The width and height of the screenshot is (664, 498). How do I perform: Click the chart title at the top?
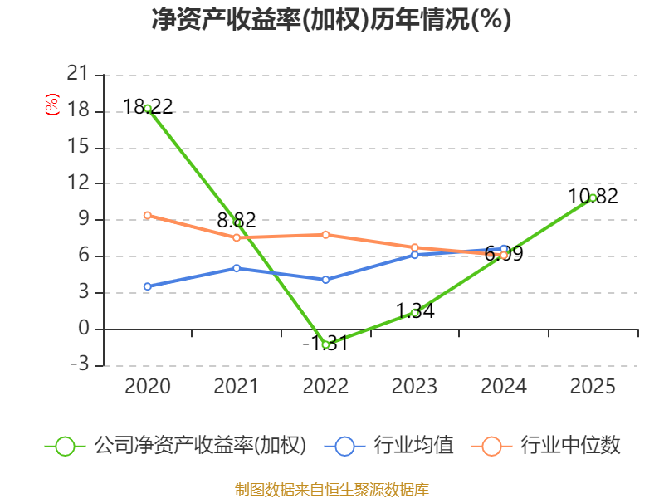(x=331, y=19)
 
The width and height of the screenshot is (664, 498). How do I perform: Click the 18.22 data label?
(x=148, y=106)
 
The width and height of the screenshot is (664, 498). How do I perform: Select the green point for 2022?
(x=325, y=344)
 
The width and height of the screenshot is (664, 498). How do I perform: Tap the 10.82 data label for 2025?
(x=593, y=196)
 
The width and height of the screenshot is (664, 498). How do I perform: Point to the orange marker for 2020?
(x=148, y=216)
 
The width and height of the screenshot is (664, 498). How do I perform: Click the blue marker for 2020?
(x=148, y=286)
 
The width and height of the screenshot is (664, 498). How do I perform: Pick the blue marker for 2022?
(x=325, y=280)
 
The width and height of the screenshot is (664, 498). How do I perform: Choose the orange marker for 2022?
(x=325, y=235)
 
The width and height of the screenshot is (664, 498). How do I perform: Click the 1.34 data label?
(x=416, y=311)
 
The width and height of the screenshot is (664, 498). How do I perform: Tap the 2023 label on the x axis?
(x=414, y=386)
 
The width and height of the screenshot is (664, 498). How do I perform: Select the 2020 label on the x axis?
(x=148, y=386)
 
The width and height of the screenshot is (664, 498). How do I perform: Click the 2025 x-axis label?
(x=593, y=386)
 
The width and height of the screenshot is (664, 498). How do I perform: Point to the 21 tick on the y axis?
(x=78, y=74)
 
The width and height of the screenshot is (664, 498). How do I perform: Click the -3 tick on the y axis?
(x=80, y=364)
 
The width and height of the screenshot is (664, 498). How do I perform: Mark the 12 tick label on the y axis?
(x=78, y=183)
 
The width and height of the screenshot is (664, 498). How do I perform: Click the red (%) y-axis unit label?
(x=51, y=105)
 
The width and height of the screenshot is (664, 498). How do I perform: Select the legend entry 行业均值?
(x=388, y=446)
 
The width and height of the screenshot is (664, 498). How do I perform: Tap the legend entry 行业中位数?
(x=545, y=446)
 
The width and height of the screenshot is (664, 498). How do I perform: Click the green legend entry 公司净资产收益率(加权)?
(x=175, y=446)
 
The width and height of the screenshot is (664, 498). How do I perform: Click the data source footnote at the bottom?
(x=332, y=489)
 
